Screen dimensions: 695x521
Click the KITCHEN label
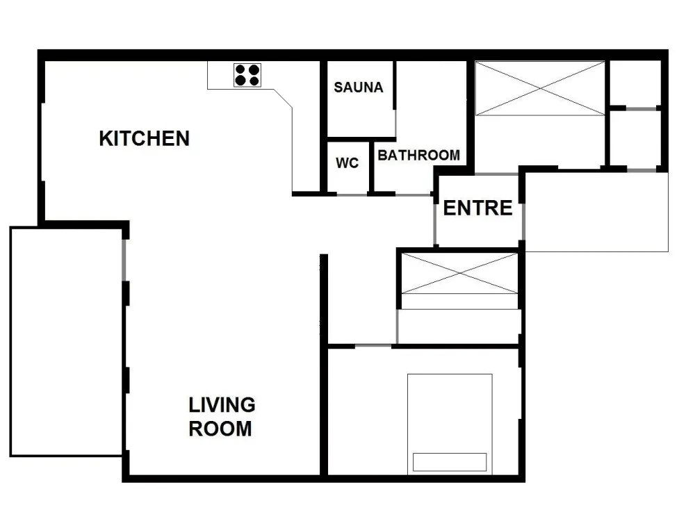point(144,138)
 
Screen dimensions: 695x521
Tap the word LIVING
point(222,405)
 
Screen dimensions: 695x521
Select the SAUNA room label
point(359,88)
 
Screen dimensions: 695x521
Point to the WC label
point(347,163)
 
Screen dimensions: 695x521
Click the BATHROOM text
point(419,155)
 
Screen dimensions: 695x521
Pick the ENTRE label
point(478,208)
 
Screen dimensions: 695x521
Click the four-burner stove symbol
point(247,75)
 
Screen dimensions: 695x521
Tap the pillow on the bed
point(450,462)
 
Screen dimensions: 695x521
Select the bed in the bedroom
point(450,424)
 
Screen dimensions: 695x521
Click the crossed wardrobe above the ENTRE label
point(540,89)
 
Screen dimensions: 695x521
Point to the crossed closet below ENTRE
point(459,273)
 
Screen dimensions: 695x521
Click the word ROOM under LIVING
point(220,429)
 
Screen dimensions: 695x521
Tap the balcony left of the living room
point(67,342)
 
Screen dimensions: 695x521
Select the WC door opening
point(352,195)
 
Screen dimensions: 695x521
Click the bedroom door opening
point(373,345)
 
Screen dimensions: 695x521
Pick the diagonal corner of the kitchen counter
point(283,99)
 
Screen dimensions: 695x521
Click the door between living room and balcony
point(124,260)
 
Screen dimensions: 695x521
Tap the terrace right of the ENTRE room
point(596,212)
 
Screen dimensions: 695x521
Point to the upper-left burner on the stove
point(240,69)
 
